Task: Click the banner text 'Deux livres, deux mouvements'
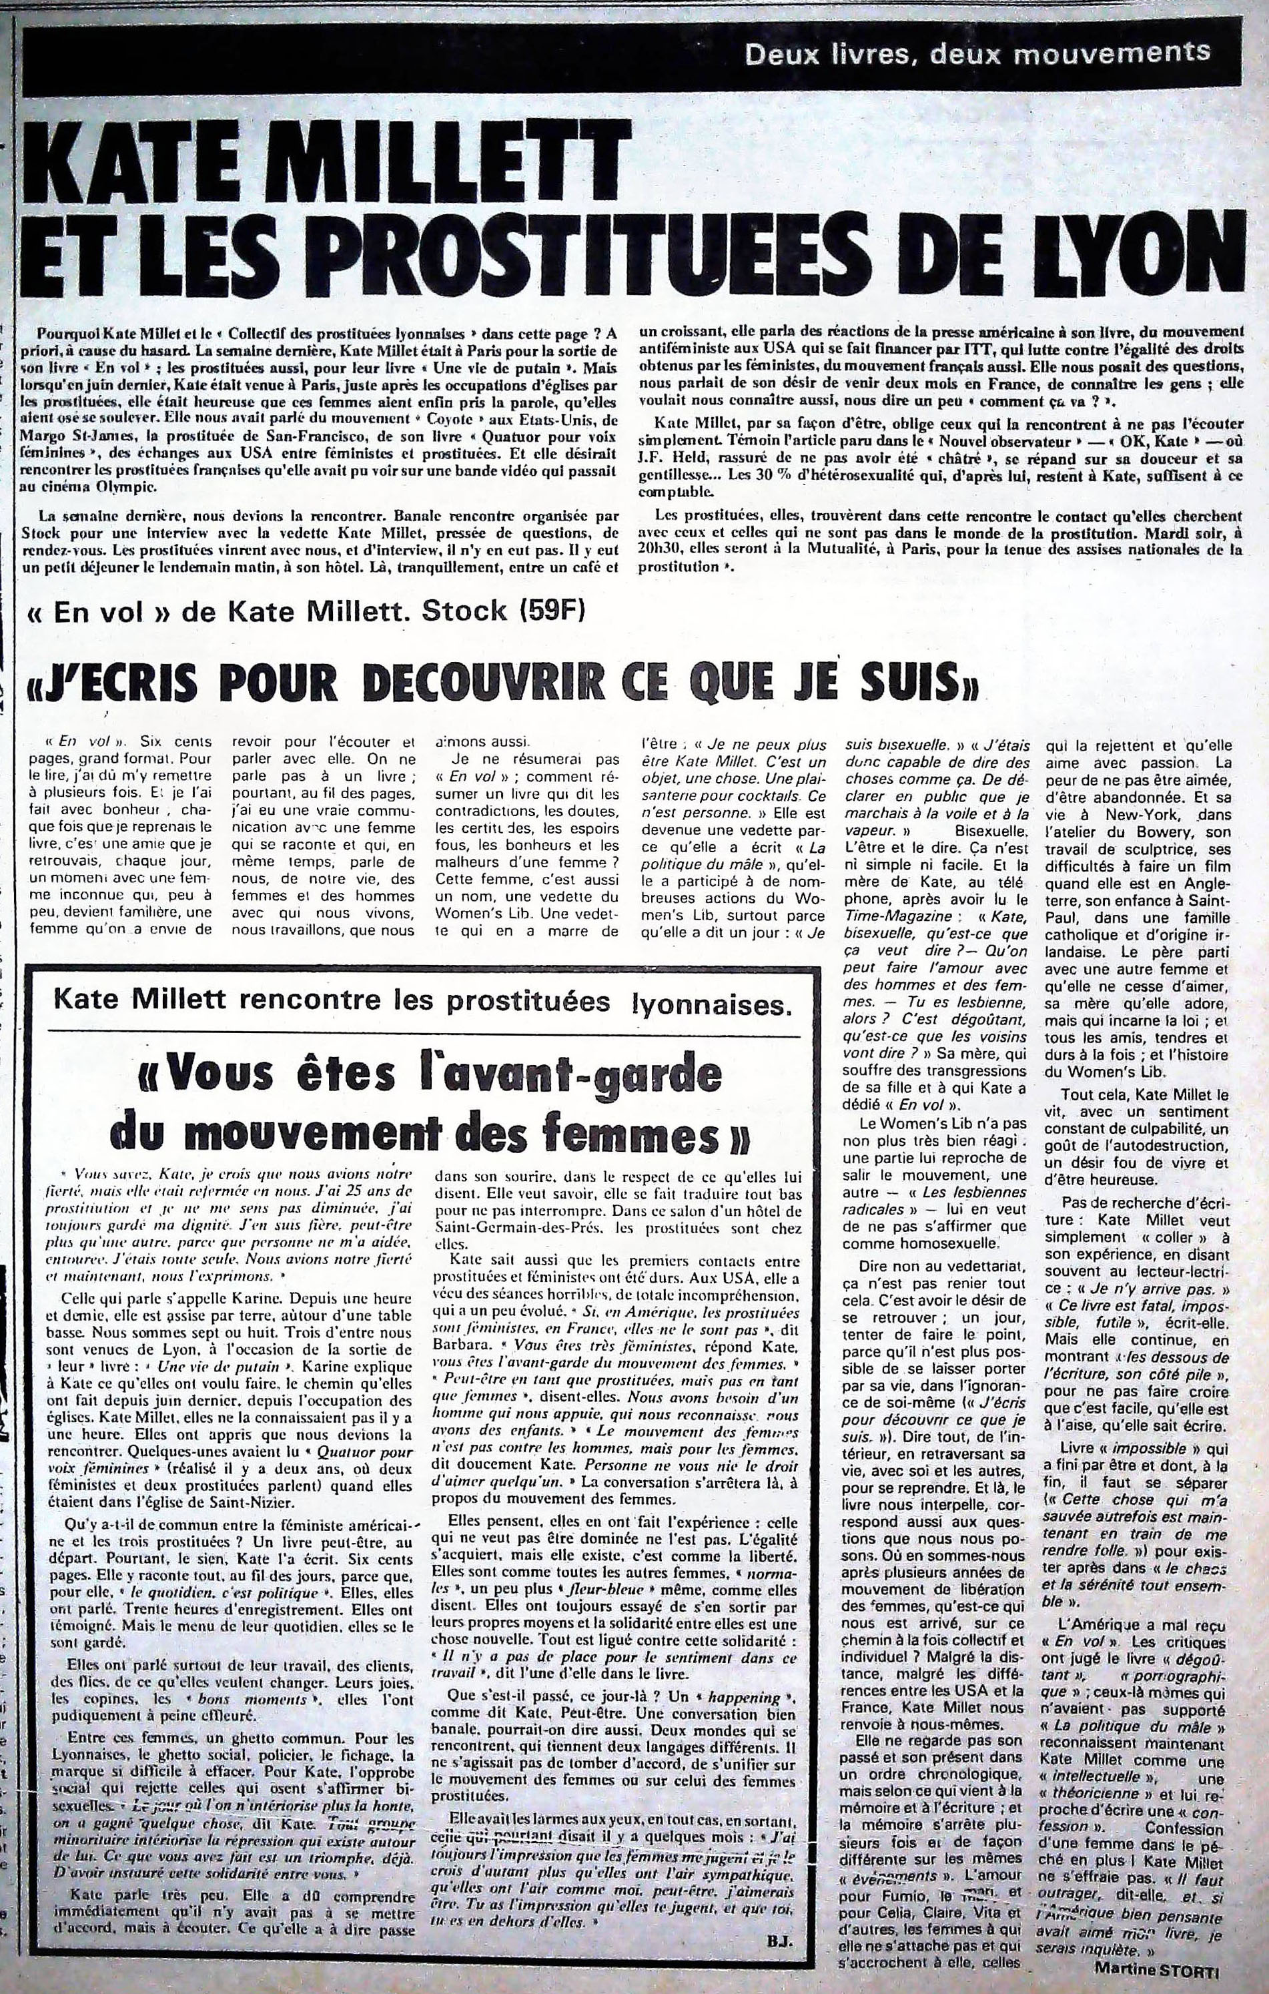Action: coord(977,55)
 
